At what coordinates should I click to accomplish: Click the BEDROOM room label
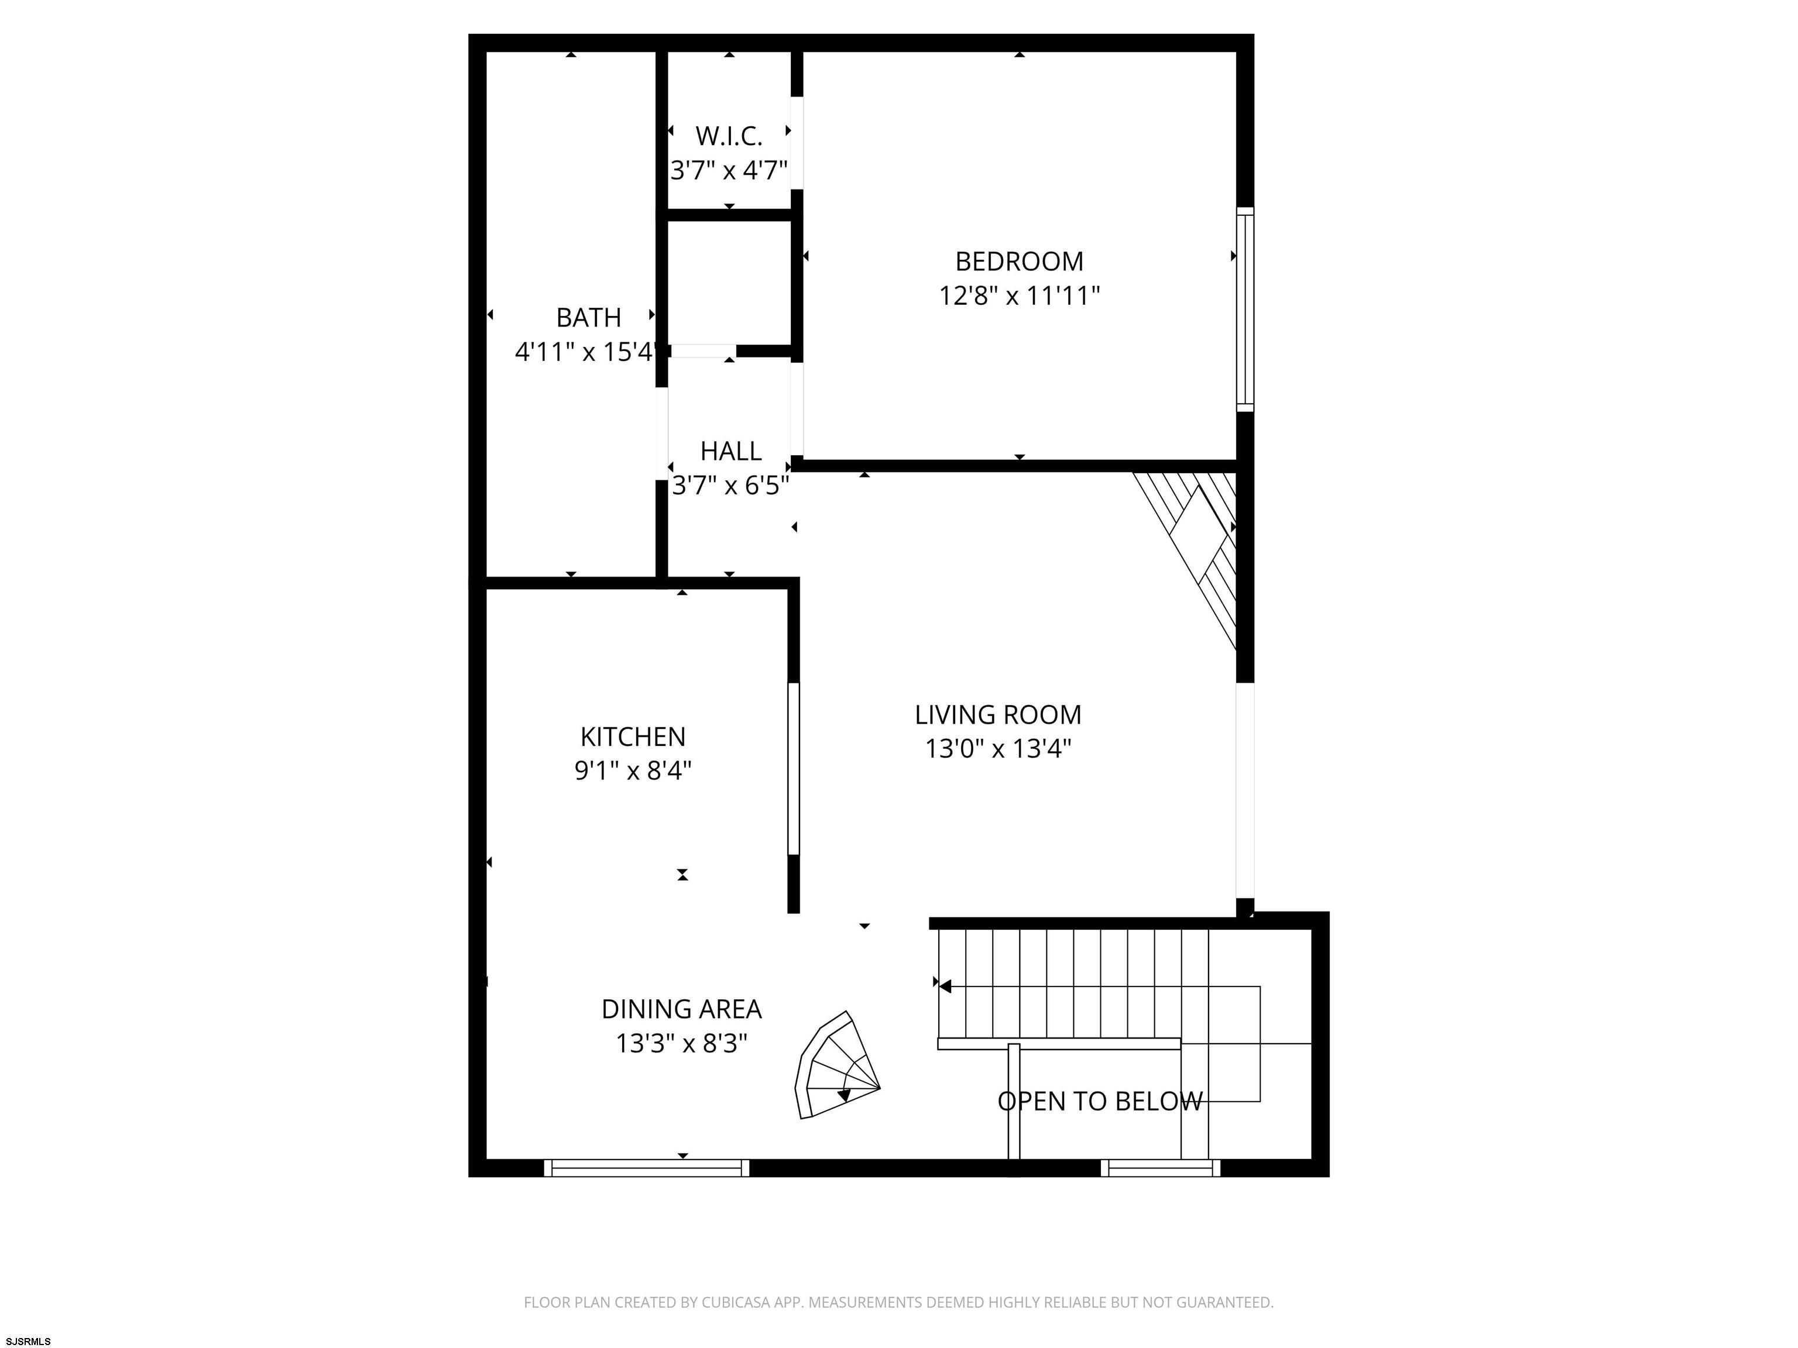[1020, 262]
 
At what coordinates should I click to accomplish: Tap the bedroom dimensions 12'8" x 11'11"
[1020, 296]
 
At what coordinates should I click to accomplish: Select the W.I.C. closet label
[729, 136]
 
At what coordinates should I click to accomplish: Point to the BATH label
[588, 317]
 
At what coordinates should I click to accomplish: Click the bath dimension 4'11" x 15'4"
[585, 352]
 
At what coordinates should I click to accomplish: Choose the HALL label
[731, 451]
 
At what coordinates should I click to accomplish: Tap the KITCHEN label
[633, 737]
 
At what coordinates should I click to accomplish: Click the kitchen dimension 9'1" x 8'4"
[633, 771]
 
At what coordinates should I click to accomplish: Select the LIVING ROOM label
[998, 715]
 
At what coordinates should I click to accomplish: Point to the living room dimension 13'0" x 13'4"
[998, 748]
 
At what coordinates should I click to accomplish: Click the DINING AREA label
[681, 1009]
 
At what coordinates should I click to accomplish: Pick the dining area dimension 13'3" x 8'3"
[681, 1043]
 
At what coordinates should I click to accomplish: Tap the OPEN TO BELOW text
[1100, 1102]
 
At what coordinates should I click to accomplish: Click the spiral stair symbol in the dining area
[837, 1066]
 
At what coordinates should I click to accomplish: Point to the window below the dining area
[646, 1168]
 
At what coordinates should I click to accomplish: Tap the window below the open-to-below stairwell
[1161, 1168]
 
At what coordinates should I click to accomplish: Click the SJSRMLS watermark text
[29, 1341]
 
